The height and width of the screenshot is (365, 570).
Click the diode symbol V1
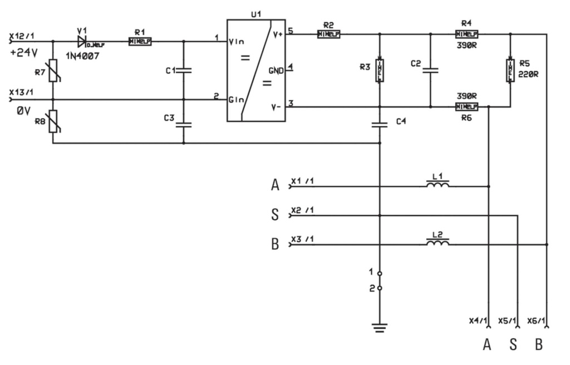(x=82, y=41)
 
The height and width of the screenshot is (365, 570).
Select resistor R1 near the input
(x=139, y=41)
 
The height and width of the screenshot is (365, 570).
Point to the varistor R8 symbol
(x=53, y=121)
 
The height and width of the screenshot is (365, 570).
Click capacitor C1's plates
(x=184, y=71)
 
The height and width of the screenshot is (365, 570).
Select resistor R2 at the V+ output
(x=328, y=34)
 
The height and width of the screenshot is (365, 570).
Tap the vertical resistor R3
(x=379, y=70)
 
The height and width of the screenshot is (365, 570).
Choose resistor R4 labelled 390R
(x=466, y=34)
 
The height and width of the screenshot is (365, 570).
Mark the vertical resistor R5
(x=510, y=70)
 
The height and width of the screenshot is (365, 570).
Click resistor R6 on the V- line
(x=466, y=106)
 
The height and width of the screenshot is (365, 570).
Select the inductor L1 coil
(x=438, y=185)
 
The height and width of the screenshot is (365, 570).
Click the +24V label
(x=23, y=54)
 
